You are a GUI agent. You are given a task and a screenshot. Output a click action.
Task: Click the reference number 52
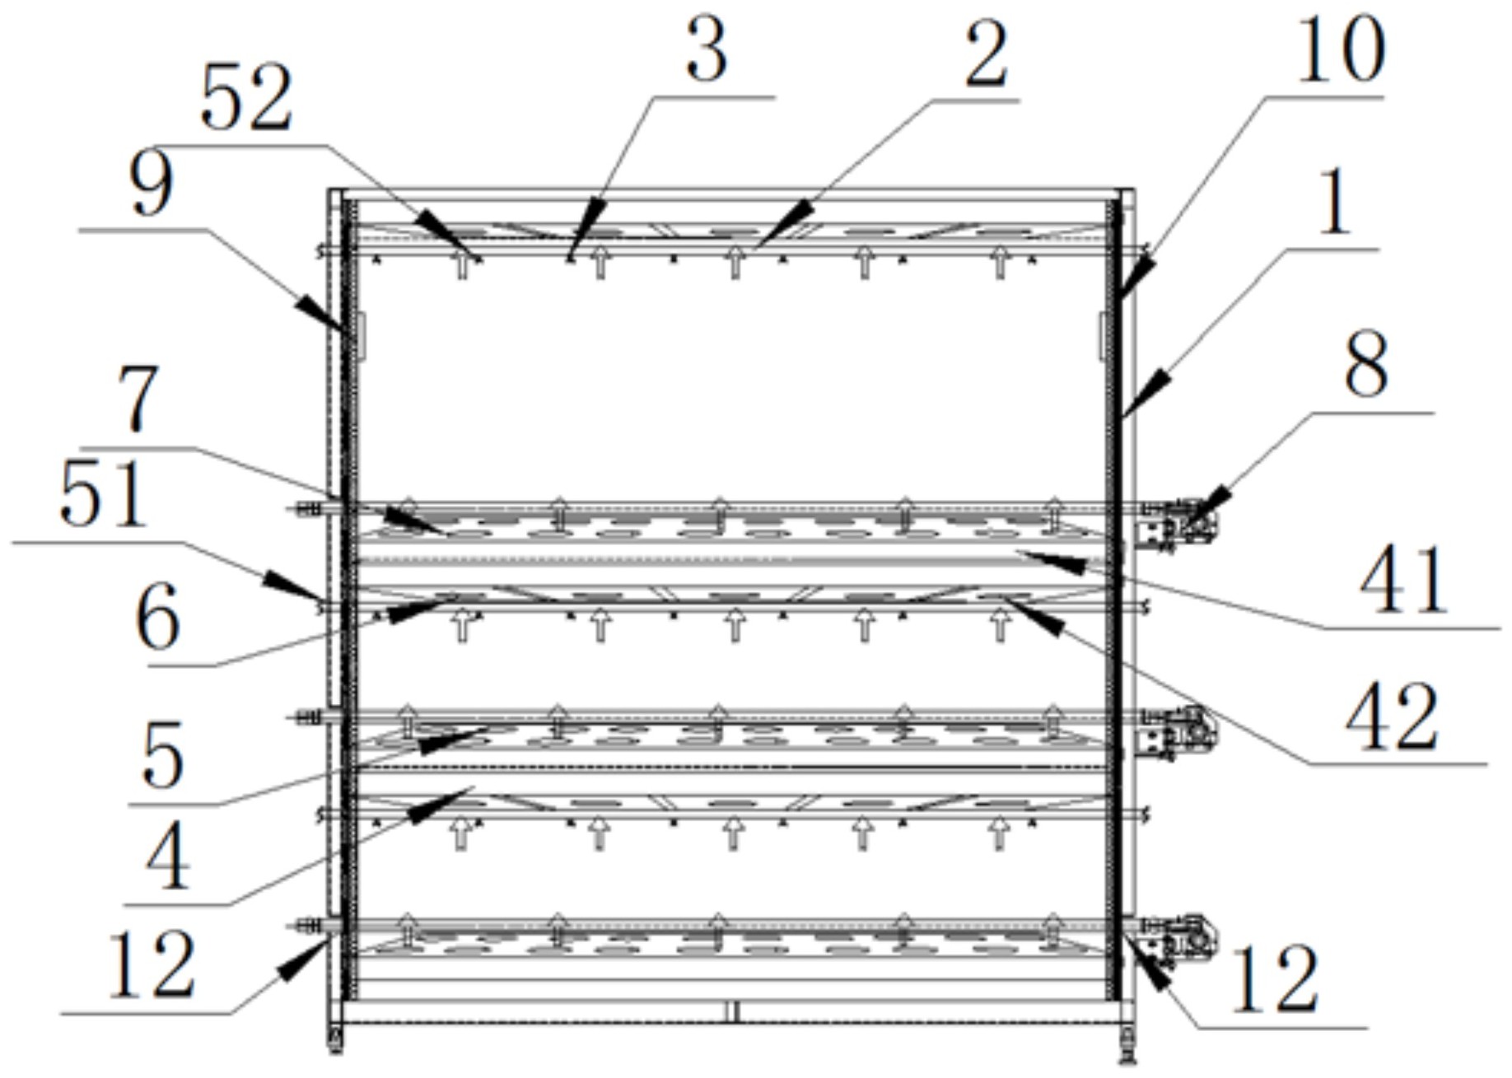pyautogui.click(x=246, y=99)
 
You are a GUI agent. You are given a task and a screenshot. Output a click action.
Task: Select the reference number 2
pyautogui.click(x=986, y=55)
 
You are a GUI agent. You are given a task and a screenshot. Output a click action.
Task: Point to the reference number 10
pyautogui.click(x=1341, y=51)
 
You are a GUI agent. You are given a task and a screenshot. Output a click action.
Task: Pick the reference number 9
pyautogui.click(x=152, y=187)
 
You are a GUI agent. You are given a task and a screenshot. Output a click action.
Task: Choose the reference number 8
pyautogui.click(x=1366, y=365)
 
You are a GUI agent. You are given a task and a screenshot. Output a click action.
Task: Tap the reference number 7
pyautogui.click(x=138, y=400)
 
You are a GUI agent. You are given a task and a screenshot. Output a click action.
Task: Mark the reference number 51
pyautogui.click(x=103, y=495)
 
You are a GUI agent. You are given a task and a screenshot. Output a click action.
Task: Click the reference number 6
pyautogui.click(x=156, y=618)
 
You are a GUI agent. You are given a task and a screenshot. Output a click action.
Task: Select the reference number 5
pyautogui.click(x=162, y=756)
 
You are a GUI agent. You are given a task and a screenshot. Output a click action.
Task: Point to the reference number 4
pyautogui.click(x=169, y=861)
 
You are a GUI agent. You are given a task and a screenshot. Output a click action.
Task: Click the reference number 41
pyautogui.click(x=1402, y=581)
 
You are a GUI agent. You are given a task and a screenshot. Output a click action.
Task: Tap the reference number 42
pyautogui.click(x=1391, y=720)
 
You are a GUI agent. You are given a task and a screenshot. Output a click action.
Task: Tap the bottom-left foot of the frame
pyautogui.click(x=335, y=1040)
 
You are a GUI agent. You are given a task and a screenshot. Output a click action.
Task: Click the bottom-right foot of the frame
pyautogui.click(x=1126, y=1046)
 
